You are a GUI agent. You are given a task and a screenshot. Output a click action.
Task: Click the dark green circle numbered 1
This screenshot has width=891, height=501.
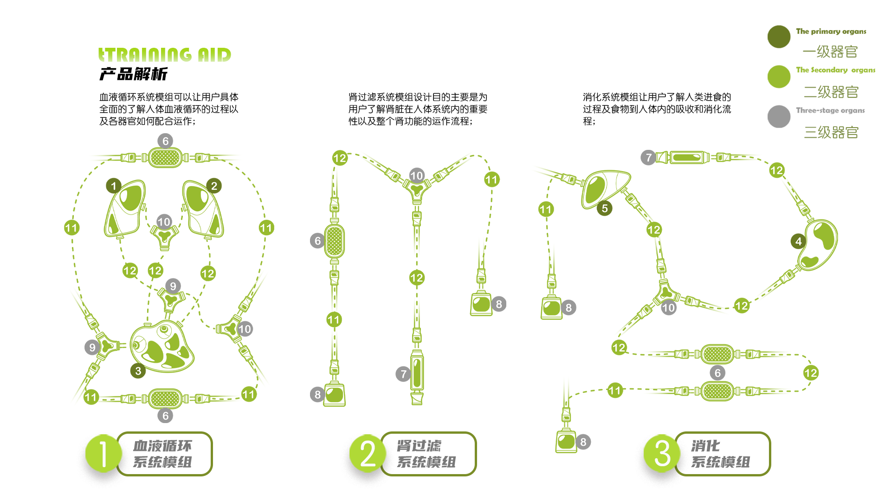(x=114, y=186)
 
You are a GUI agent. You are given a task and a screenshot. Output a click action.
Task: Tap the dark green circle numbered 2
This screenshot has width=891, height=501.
(x=214, y=186)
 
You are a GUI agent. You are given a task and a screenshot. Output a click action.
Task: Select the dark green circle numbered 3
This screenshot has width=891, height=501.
(x=138, y=371)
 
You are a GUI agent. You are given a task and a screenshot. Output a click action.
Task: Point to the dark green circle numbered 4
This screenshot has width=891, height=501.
(x=798, y=241)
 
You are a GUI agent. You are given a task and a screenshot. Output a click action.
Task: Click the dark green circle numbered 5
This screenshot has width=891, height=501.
(x=604, y=208)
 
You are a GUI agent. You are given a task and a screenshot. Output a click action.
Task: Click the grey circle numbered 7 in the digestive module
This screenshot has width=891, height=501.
(x=648, y=157)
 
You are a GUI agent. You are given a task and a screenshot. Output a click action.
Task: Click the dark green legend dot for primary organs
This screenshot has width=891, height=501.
(x=779, y=37)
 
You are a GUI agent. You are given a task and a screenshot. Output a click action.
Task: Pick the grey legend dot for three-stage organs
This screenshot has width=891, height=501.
(x=779, y=116)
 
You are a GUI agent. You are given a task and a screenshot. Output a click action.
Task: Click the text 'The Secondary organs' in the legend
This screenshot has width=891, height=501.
(x=835, y=70)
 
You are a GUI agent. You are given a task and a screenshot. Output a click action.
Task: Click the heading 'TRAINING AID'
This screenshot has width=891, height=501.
(x=165, y=55)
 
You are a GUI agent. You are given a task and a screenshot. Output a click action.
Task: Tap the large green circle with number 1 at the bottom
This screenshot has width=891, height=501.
(x=103, y=453)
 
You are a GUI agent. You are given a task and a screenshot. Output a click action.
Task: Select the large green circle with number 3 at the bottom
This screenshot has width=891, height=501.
(x=662, y=453)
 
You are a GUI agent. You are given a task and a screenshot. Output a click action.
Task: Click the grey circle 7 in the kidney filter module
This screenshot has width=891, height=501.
(x=403, y=373)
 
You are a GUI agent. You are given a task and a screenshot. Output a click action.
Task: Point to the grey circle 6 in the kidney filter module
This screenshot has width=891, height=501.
(x=317, y=240)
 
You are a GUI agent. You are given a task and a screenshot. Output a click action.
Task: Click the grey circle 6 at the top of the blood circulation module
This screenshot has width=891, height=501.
(x=165, y=141)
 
